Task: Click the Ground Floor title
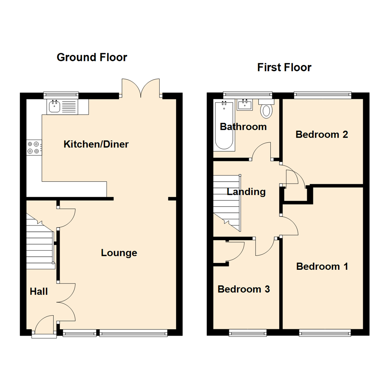(92, 57)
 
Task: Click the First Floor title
(284, 67)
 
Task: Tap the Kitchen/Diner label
(96, 144)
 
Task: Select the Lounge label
(119, 253)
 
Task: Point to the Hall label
(39, 291)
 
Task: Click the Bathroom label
(243, 127)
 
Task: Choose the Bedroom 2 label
(321, 134)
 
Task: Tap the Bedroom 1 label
(322, 266)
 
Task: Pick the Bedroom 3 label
(244, 289)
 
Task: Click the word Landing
(246, 192)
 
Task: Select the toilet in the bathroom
(267, 109)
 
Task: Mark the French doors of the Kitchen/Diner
(141, 88)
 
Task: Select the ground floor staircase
(40, 246)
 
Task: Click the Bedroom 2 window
(322, 95)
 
